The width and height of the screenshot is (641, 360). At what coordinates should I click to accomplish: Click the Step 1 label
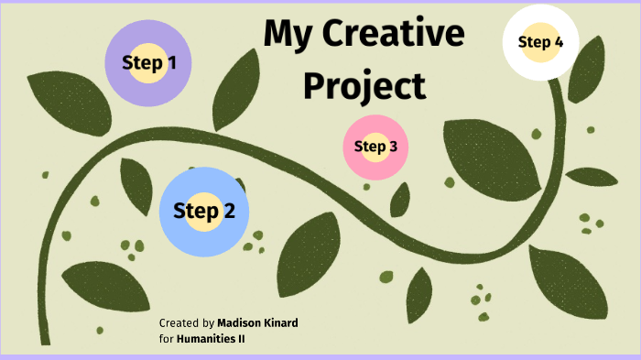[149, 62]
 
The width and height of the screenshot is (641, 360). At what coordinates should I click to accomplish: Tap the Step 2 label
[204, 211]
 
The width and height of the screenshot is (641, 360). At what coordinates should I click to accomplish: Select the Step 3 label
[375, 146]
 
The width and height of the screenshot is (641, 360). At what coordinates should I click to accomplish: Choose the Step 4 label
[540, 41]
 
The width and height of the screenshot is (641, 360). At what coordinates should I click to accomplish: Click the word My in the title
[284, 35]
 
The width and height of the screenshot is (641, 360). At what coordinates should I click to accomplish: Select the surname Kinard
[281, 323]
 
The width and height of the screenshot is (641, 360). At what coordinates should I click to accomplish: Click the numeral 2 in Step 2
[228, 211]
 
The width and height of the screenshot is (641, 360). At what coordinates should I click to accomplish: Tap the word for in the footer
[166, 338]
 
